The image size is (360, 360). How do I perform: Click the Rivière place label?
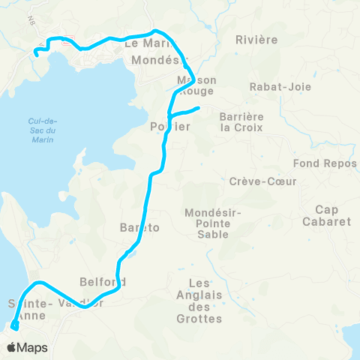pyautogui.click(x=256, y=39)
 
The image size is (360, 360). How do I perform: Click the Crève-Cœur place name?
pyautogui.click(x=263, y=181)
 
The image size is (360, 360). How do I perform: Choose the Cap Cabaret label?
pyautogui.click(x=326, y=215)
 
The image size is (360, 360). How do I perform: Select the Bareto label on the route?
pyautogui.click(x=139, y=228)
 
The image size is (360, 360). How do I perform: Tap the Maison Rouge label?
pyautogui.click(x=197, y=85)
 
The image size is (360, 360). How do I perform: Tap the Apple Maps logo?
pyautogui.click(x=27, y=347)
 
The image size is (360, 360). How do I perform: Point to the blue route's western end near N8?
pyautogui.click(x=36, y=52)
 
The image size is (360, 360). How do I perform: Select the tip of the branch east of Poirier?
pyautogui.click(x=198, y=109)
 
